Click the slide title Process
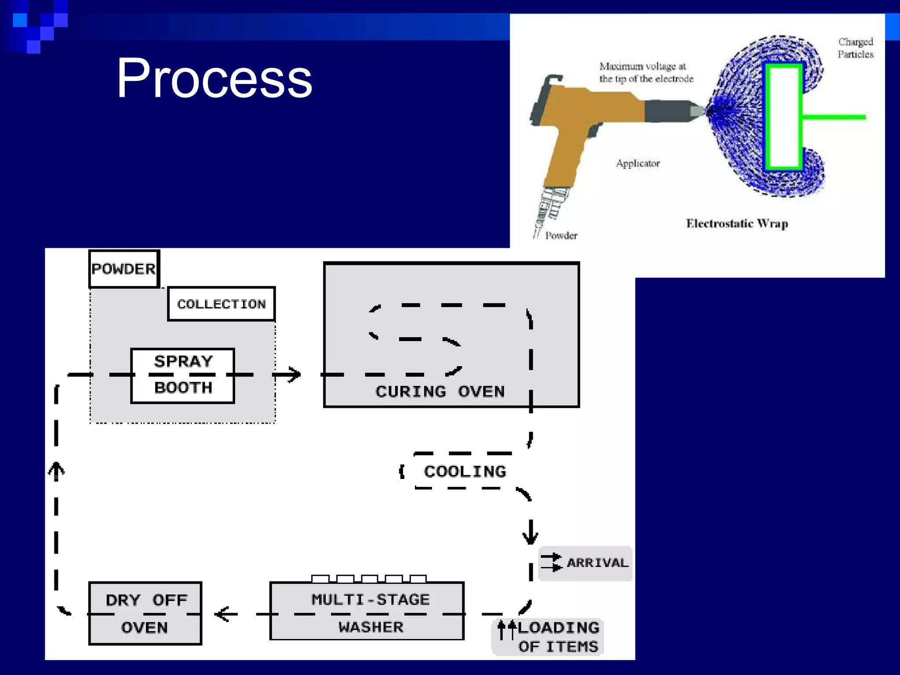214,78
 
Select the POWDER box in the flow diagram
123,269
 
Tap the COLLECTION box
221,304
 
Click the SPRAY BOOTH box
183,375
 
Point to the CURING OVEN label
440,391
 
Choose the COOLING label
465,472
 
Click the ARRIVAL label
597,562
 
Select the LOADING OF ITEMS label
558,637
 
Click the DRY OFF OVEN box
145,613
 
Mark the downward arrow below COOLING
530,533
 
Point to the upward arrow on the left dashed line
56,471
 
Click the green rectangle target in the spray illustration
784,117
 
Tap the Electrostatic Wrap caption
737,224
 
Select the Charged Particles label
855,48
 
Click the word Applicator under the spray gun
638,163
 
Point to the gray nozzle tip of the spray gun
697,110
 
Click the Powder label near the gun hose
561,236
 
